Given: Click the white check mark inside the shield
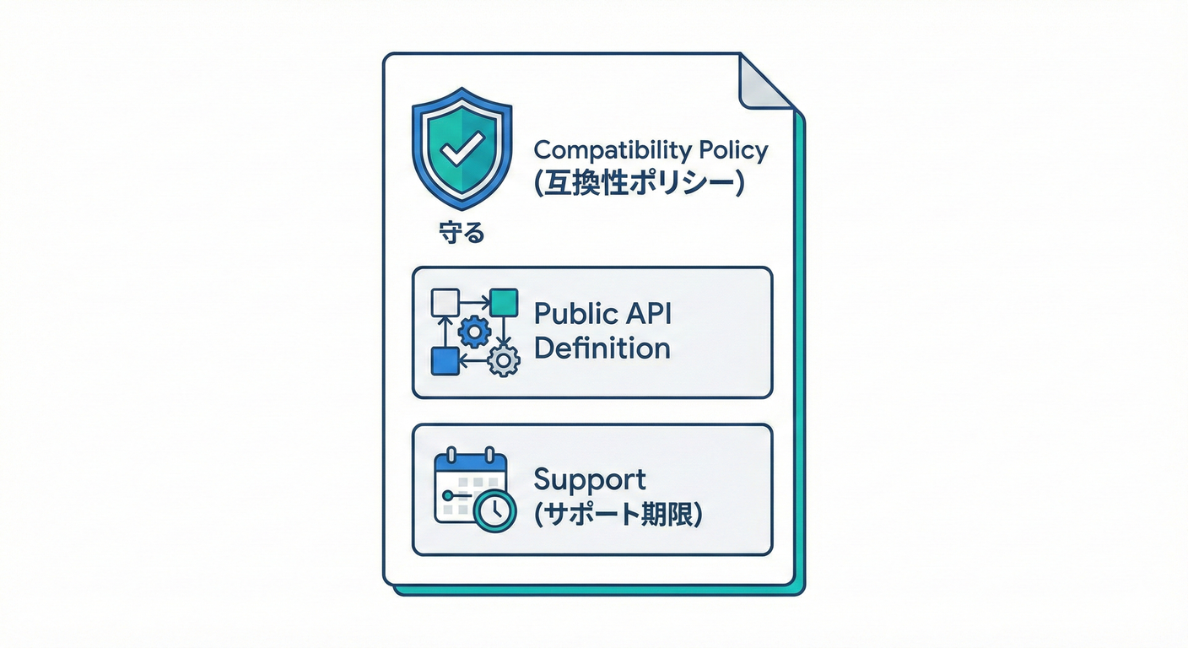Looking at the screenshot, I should point(462,150).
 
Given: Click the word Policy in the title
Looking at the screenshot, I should point(734,150).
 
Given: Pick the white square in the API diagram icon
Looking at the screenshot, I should point(444,302).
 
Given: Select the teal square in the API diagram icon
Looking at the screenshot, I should point(504,302).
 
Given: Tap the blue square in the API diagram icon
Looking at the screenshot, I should point(444,360).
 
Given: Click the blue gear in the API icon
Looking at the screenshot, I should point(473,332).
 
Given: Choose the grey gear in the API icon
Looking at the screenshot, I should point(504,361).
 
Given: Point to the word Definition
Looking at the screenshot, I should point(602,348).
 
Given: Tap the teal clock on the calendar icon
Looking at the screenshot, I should point(494,510).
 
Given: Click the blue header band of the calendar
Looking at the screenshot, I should point(469,465).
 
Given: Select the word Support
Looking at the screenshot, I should point(590,479).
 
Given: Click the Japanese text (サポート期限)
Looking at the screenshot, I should point(618,514).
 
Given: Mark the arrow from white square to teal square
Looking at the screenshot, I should point(473,300).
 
